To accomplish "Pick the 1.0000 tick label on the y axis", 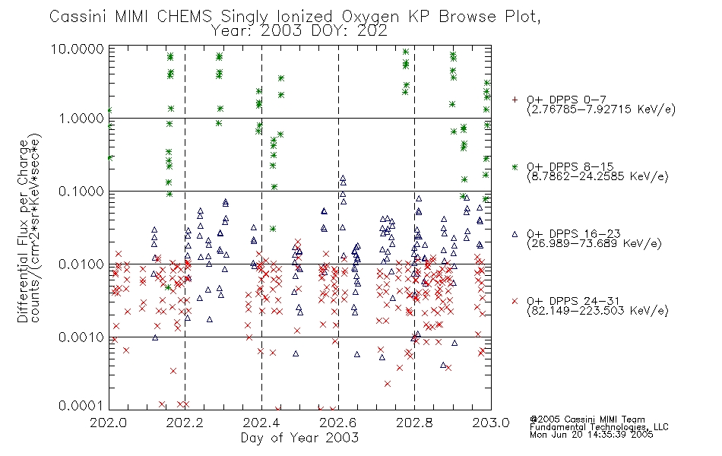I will point(85,119).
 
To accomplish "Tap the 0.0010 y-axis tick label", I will point(85,337).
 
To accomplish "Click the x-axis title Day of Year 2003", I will point(299,438).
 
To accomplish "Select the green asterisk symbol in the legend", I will point(515,166).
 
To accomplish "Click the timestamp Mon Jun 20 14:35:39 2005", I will point(591,435).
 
